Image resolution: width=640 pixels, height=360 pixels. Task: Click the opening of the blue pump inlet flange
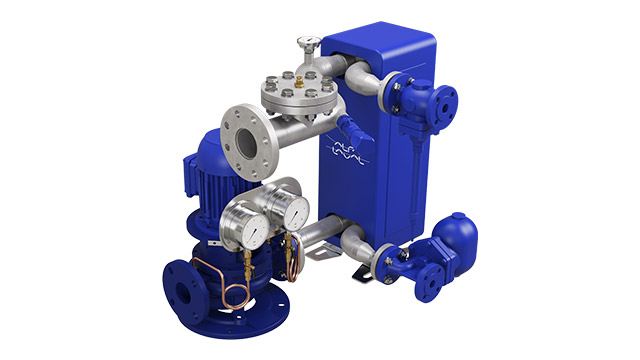(180, 293)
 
